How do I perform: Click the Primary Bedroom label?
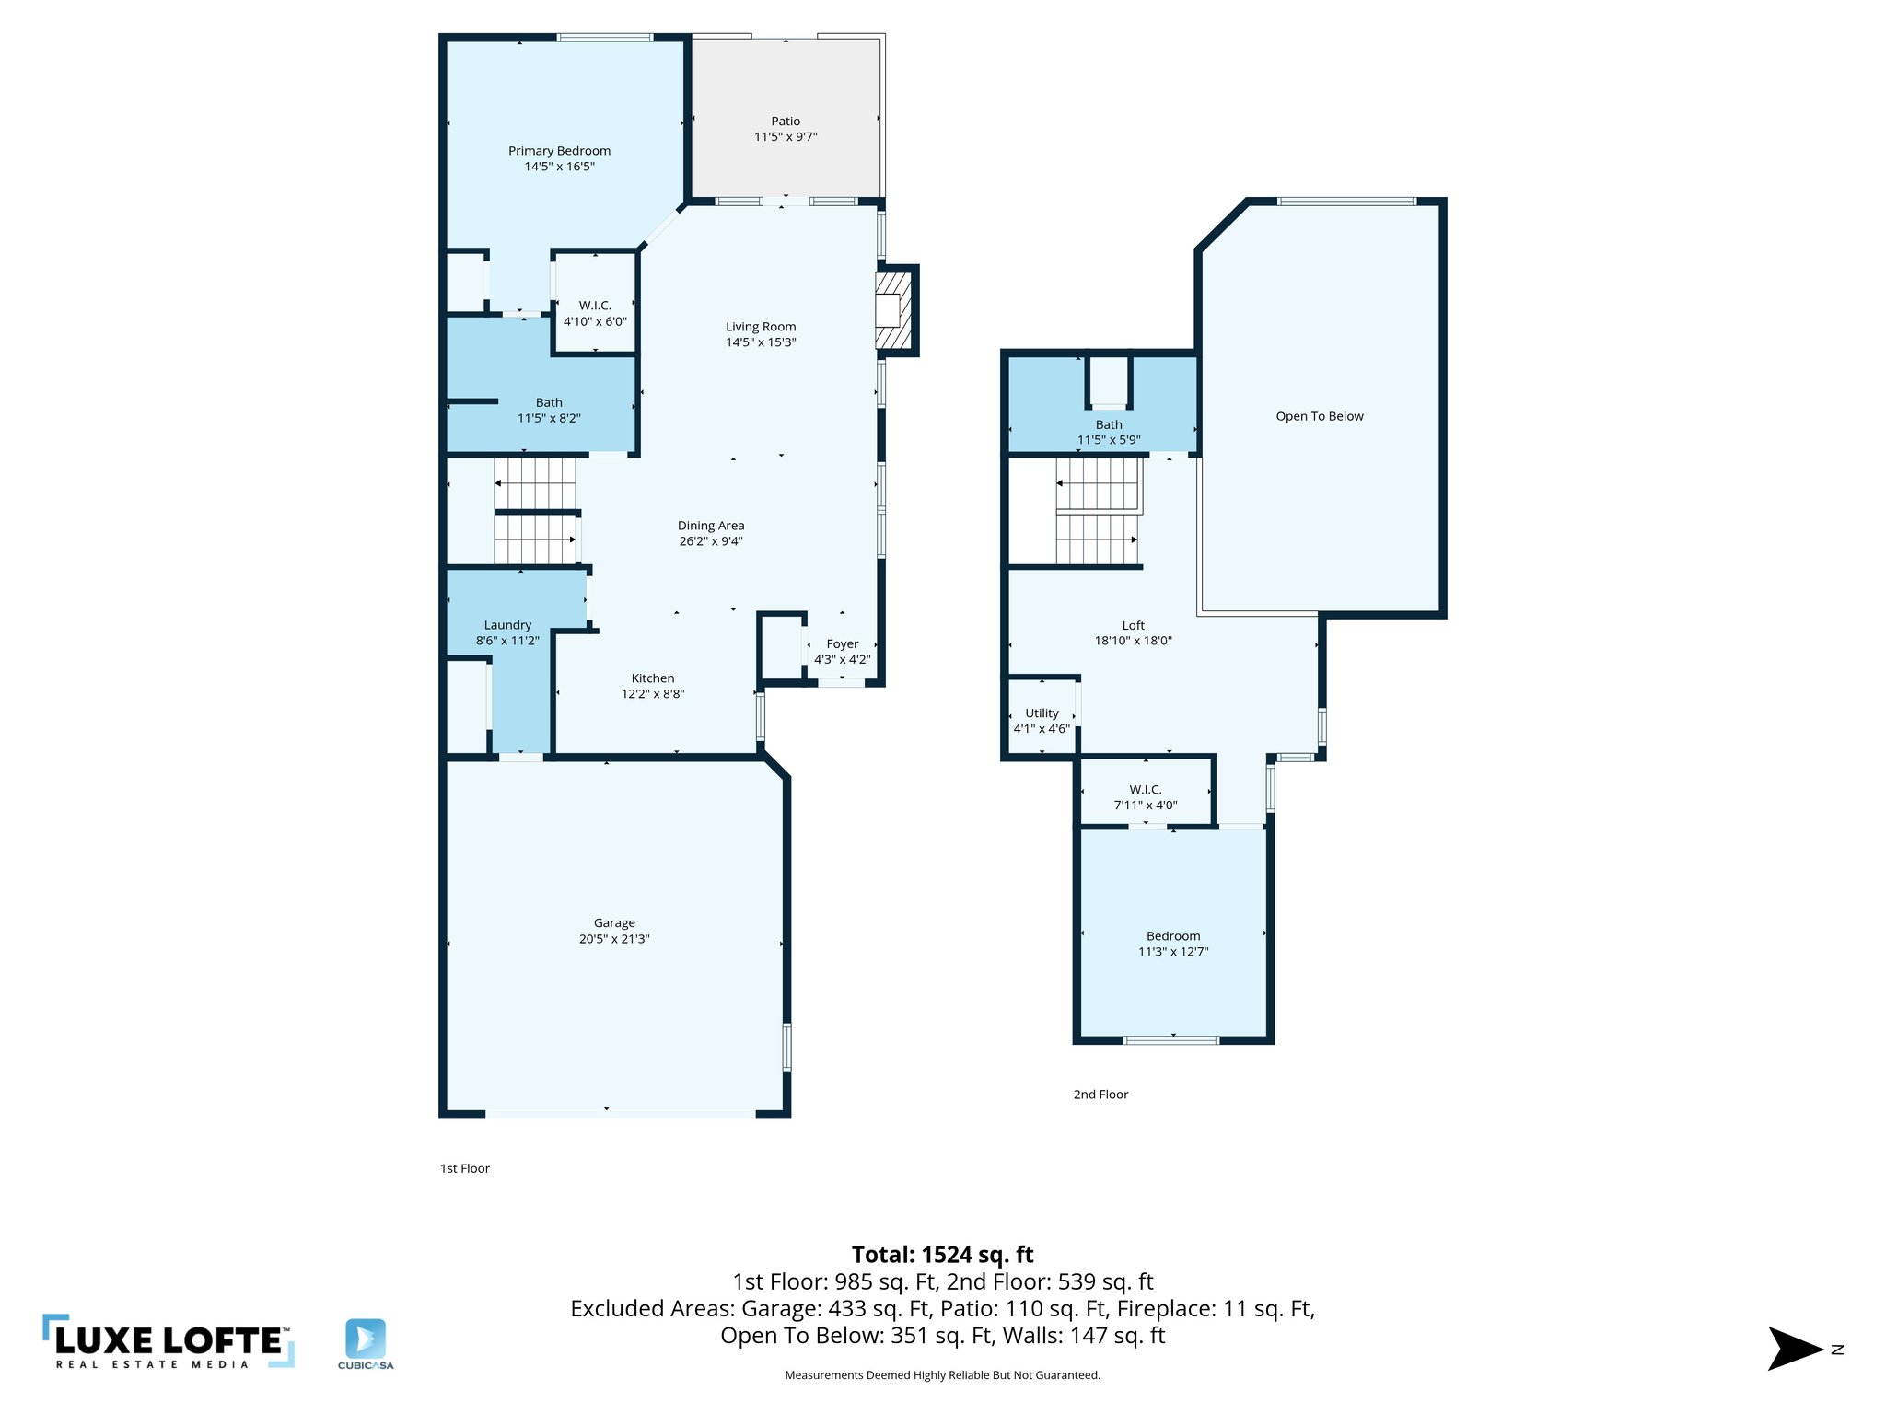pyautogui.click(x=559, y=151)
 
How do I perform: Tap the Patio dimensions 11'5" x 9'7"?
pyautogui.click(x=786, y=137)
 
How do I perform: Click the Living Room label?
pyautogui.click(x=761, y=327)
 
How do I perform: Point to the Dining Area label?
pyautogui.click(x=711, y=526)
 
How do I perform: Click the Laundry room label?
pyautogui.click(x=507, y=625)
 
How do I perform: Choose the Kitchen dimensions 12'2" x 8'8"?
pyautogui.click(x=653, y=694)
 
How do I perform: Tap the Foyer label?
pyautogui.click(x=842, y=644)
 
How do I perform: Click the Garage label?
pyautogui.click(x=614, y=923)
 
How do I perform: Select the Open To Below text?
pyautogui.click(x=1319, y=416)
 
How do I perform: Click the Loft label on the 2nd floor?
pyautogui.click(x=1133, y=626)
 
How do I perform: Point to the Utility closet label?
pyautogui.click(x=1042, y=713)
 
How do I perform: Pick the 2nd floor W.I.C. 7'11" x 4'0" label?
pyautogui.click(x=1146, y=797)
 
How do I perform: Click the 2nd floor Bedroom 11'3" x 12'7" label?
pyautogui.click(x=1173, y=944)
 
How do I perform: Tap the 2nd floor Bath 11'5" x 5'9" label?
pyautogui.click(x=1109, y=432)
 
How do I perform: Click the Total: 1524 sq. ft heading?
pyautogui.click(x=942, y=1255)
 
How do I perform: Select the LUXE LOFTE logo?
pyautogui.click(x=169, y=1342)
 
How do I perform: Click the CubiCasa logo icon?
pyautogui.click(x=366, y=1339)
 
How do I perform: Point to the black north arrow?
pyautogui.click(x=1793, y=1349)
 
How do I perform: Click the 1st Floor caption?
pyautogui.click(x=465, y=1168)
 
